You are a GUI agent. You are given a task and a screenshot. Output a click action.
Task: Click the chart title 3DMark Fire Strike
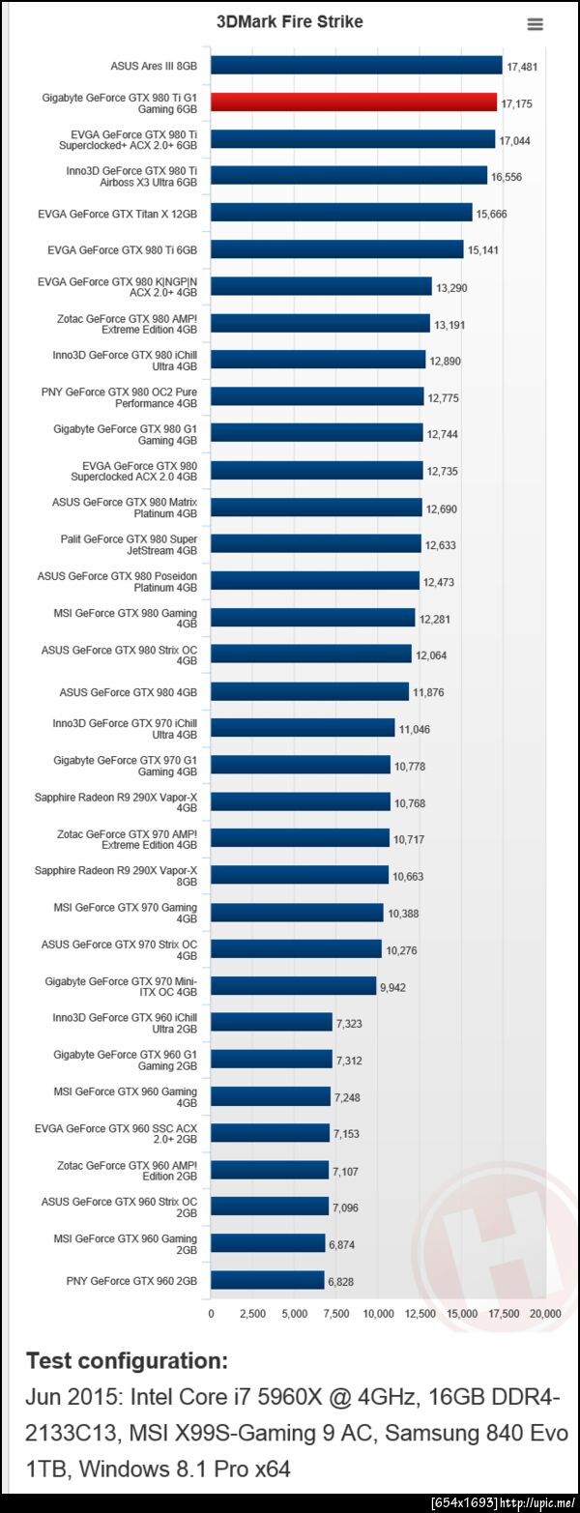point(290,21)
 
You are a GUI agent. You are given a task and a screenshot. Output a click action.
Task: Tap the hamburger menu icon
point(535,24)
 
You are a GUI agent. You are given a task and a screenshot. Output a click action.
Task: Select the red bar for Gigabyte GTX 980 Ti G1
point(354,102)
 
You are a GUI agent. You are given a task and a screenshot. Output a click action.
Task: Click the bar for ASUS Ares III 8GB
point(357,66)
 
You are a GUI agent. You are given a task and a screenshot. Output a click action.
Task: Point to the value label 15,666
point(492,214)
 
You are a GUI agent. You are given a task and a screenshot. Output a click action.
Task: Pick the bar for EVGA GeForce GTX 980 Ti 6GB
point(337,249)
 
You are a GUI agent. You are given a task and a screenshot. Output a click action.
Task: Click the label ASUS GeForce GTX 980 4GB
point(129,691)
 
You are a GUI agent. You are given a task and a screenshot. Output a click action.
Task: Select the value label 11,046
point(415,729)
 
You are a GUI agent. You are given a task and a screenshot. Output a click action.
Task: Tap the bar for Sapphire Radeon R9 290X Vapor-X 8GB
point(300,875)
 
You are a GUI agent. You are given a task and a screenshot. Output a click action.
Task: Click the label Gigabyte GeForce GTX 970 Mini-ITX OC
point(121,985)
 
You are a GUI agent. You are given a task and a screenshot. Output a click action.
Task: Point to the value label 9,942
point(395,987)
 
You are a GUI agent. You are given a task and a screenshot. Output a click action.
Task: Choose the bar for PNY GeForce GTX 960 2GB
point(268,1280)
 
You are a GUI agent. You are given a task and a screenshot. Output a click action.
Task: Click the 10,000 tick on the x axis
point(378,1313)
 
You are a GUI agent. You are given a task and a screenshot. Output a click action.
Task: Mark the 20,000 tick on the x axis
point(546,1313)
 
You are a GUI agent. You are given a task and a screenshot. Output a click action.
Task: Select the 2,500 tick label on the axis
point(252,1313)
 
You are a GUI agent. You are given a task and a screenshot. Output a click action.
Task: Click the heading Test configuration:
point(127,1360)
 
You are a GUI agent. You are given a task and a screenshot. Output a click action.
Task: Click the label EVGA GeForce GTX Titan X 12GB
point(117,213)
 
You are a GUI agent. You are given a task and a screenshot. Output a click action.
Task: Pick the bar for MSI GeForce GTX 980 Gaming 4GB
point(313,617)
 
